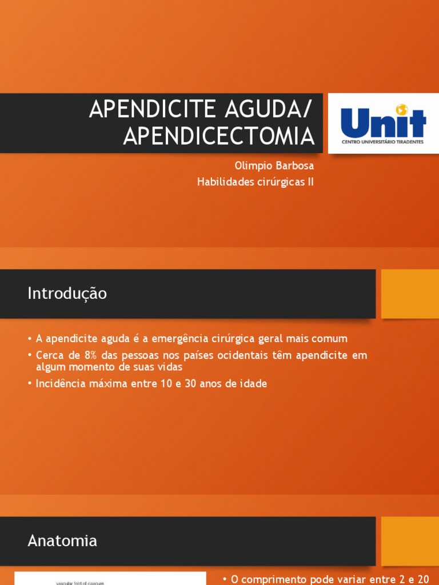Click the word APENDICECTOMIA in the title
click(x=219, y=136)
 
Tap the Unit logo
click(x=382, y=123)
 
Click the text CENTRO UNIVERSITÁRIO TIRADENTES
click(x=382, y=142)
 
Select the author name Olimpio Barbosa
click(x=274, y=166)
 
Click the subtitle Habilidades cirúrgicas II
click(x=256, y=182)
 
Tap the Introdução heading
click(x=67, y=294)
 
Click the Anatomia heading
click(x=62, y=540)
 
